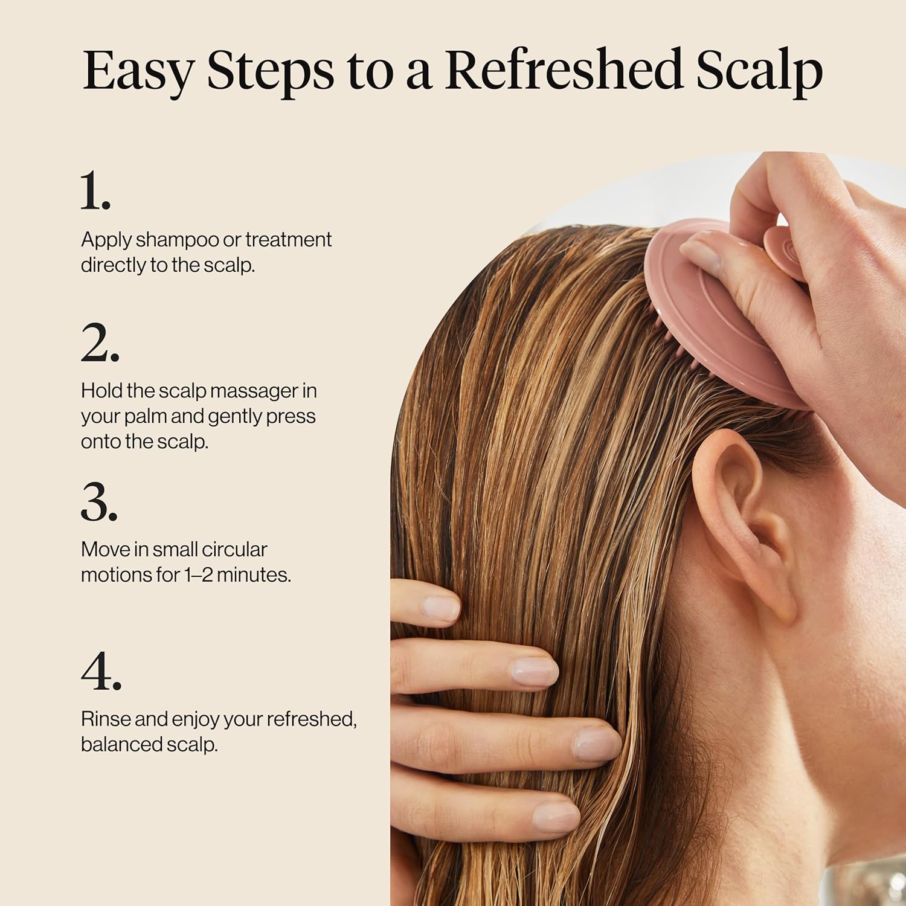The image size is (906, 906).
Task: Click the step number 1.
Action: pyautogui.click(x=95, y=191)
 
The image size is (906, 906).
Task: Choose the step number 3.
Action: pyautogui.click(x=99, y=502)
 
